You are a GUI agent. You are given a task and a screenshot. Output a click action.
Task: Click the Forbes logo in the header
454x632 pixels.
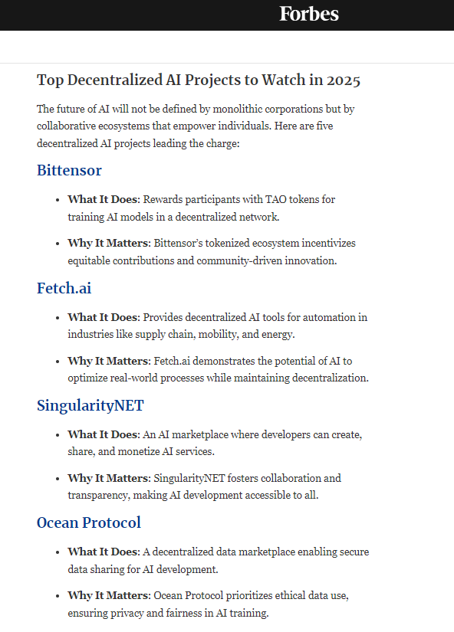(308, 14)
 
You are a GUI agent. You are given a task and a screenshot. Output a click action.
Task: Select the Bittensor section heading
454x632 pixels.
(69, 170)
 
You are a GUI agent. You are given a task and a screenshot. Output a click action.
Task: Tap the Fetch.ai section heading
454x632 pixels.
(64, 288)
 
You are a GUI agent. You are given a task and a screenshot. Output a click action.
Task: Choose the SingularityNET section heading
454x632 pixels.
(90, 405)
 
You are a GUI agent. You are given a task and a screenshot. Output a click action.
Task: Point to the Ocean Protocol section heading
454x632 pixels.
(89, 522)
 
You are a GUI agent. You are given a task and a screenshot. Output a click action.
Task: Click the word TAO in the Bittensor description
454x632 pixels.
(275, 200)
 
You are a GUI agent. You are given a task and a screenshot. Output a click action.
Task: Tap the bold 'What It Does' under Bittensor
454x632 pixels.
(103, 200)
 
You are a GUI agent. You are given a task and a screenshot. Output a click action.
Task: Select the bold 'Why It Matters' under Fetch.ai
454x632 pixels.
(108, 361)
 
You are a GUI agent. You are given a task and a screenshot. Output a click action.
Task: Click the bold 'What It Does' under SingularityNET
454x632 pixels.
(103, 434)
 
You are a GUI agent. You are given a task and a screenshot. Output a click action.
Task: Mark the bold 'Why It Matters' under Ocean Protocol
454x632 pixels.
(108, 595)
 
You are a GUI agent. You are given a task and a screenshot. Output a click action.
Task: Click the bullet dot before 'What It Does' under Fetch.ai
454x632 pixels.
(58, 317)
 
